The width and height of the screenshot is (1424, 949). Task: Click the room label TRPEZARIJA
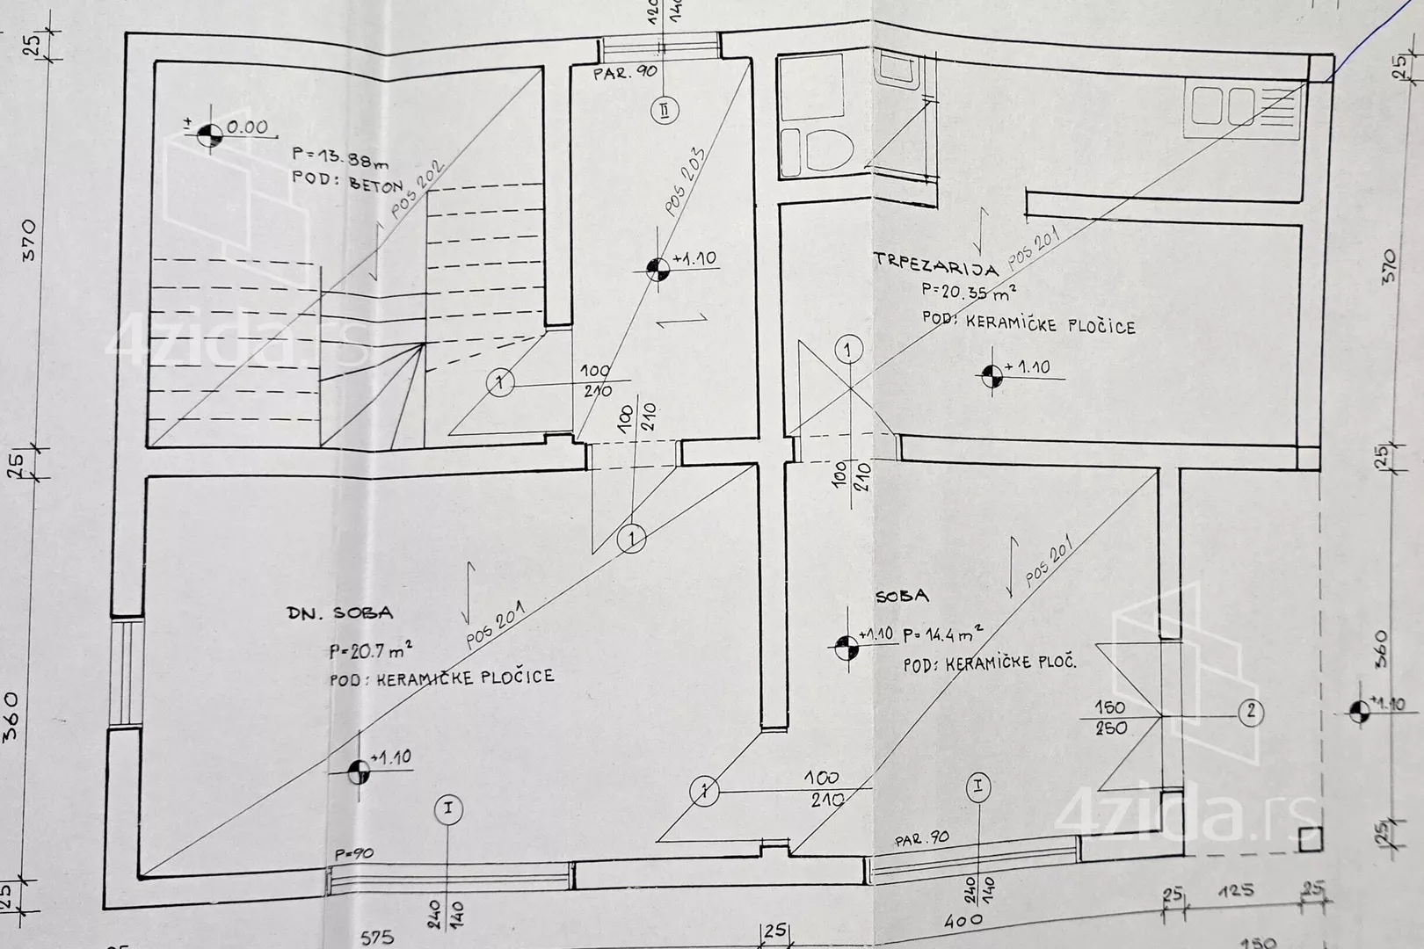(936, 261)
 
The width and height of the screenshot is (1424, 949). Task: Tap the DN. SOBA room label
(340, 613)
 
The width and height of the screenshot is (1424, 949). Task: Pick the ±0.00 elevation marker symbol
(209, 134)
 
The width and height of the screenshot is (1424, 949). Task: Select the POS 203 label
(685, 181)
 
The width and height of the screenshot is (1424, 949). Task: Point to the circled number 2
(1251, 712)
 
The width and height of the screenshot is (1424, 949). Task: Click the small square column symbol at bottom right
(1310, 839)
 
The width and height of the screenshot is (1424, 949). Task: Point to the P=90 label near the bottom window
(353, 853)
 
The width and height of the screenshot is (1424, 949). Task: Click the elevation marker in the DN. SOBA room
(358, 772)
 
